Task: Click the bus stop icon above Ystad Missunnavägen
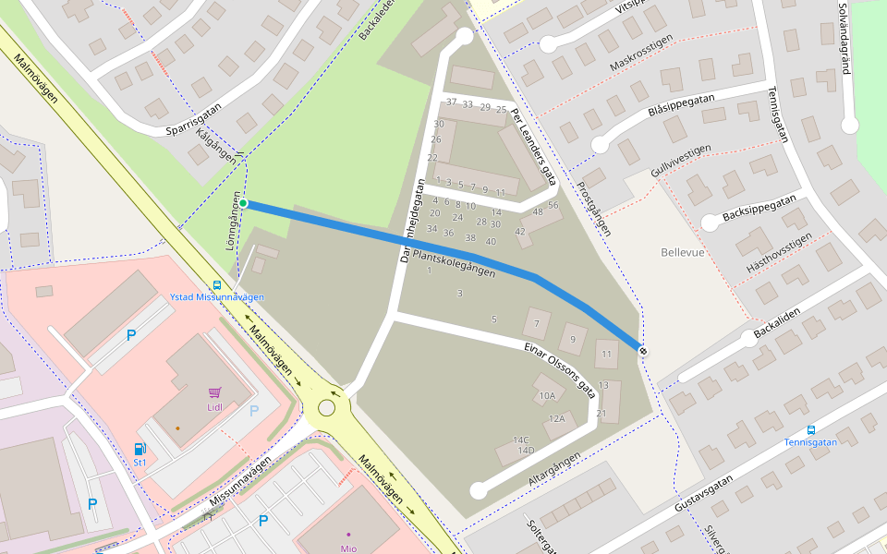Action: click(x=217, y=285)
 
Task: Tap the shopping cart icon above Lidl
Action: click(x=214, y=392)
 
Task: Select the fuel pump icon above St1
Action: click(x=140, y=449)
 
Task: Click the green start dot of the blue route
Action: click(x=243, y=203)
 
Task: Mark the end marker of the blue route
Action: click(x=641, y=350)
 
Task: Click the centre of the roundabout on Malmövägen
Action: click(x=326, y=408)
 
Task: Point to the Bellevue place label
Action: click(x=683, y=252)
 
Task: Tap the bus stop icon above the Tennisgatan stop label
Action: click(x=811, y=429)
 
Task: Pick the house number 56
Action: click(x=553, y=205)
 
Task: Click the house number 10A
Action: click(x=546, y=396)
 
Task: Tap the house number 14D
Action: click(x=526, y=451)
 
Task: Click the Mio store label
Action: click(x=347, y=548)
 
